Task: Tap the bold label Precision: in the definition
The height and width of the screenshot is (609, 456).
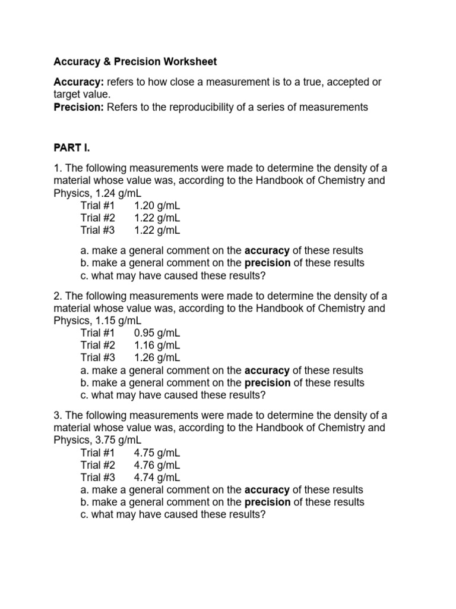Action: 79,107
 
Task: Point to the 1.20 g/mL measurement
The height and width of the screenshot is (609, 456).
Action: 157,206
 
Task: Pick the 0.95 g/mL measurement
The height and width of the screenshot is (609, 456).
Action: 157,333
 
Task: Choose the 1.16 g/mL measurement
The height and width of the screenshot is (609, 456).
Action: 157,345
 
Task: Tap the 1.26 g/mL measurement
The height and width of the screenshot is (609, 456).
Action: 157,357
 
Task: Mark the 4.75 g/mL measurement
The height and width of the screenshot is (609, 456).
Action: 157,453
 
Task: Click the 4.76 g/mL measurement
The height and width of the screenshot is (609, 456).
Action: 157,465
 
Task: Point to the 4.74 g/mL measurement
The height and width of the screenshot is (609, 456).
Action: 157,477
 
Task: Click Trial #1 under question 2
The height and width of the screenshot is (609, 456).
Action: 98,333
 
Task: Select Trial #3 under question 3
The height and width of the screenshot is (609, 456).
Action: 98,477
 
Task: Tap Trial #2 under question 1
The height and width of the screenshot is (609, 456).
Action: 98,218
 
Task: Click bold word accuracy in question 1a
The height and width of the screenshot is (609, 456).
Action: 267,250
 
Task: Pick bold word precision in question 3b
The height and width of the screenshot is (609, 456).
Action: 267,502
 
